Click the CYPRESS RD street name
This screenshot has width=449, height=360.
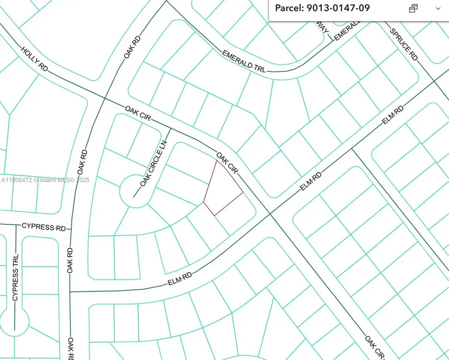pyautogui.click(x=44, y=227)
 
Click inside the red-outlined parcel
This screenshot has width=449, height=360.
pyautogui.click(x=223, y=189)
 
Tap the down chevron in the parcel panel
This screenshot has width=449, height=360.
pyautogui.click(x=438, y=8)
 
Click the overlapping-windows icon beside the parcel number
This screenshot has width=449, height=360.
pyautogui.click(x=413, y=8)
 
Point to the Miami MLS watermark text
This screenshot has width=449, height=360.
pyautogui.click(x=45, y=180)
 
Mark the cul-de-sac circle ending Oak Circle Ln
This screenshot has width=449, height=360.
pyautogui.click(x=135, y=190)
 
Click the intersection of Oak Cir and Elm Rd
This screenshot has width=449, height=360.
pyautogui.click(x=270, y=214)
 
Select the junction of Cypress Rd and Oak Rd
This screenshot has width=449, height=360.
pyautogui.click(x=71, y=229)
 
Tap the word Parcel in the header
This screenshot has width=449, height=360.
pyautogui.click(x=288, y=8)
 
